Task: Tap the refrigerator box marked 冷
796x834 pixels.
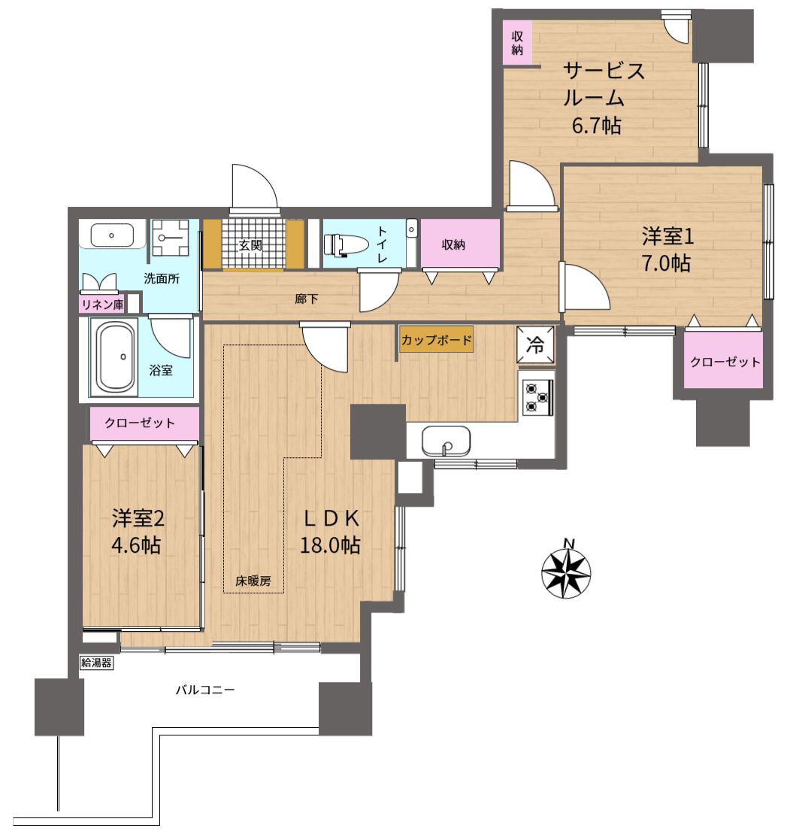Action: (x=535, y=344)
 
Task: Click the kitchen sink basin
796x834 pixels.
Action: (x=446, y=441)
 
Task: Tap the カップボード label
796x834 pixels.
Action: (x=436, y=340)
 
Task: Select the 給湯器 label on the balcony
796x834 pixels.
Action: (x=97, y=663)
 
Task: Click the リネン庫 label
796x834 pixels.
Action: (x=102, y=305)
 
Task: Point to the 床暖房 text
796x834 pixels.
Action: (x=253, y=581)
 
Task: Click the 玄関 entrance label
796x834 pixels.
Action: (x=250, y=245)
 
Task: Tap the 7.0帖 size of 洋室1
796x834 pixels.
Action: (x=666, y=262)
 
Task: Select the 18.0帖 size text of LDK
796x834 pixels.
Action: (x=330, y=544)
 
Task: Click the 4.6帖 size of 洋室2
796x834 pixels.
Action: (x=136, y=545)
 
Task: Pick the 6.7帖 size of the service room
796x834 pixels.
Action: (x=596, y=126)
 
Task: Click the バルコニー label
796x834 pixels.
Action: (x=205, y=690)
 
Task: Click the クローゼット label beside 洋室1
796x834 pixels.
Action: (x=725, y=362)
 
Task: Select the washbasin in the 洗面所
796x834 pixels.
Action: (x=112, y=235)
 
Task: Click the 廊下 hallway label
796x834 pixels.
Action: (x=306, y=299)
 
